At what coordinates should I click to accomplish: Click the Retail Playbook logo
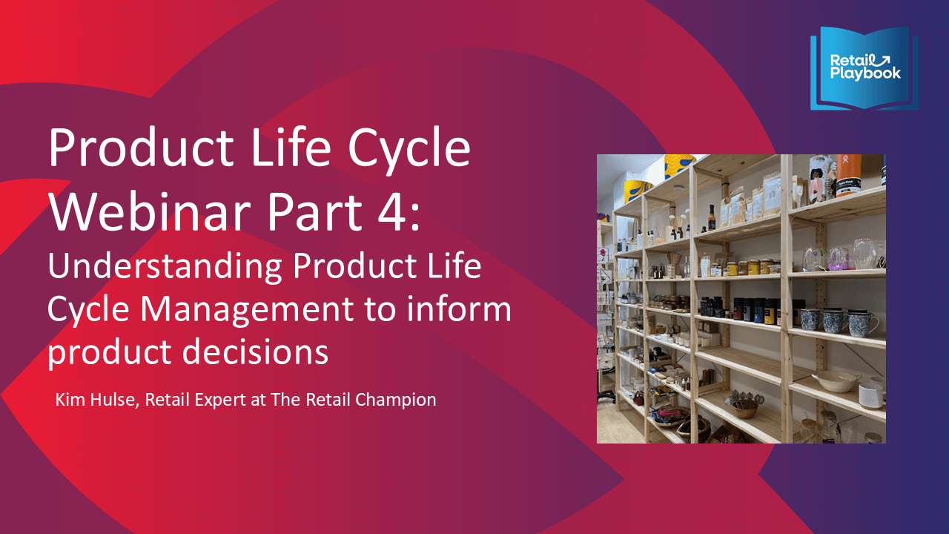pos(864,67)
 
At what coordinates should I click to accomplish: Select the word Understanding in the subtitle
pos(165,267)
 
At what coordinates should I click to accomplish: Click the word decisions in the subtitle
pos(256,352)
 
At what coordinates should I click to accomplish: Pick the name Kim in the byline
pos(70,400)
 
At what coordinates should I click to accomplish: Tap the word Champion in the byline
pos(396,400)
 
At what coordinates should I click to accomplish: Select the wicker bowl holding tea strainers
pos(744,408)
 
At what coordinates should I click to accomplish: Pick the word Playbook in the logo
pos(865,73)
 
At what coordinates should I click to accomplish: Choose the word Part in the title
pos(314,212)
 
